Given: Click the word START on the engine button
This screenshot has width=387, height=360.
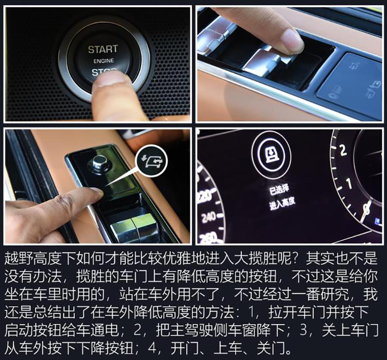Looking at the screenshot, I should click(103, 49).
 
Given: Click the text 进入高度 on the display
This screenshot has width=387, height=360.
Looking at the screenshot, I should click(282, 203).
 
